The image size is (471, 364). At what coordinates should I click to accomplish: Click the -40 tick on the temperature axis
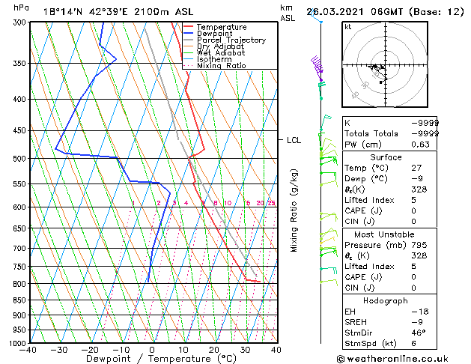pyautogui.click(x=29, y=350)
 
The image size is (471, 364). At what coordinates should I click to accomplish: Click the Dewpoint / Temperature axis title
pyautogui.click(x=152, y=359)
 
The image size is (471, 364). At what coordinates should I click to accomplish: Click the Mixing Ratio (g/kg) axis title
pyautogui.click(x=294, y=210)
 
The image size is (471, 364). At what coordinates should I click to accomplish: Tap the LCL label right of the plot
pyautogui.click(x=294, y=140)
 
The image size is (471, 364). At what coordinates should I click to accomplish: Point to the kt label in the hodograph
pyautogui.click(x=347, y=27)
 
